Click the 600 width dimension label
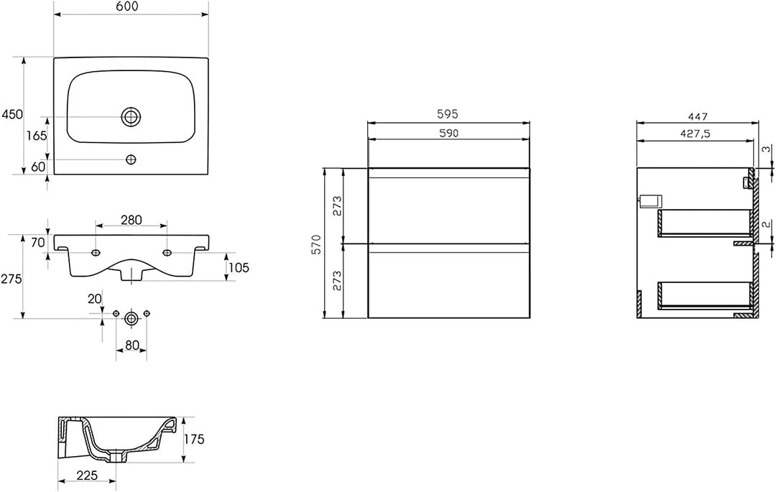[x=128, y=6]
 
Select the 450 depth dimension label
[x=12, y=114]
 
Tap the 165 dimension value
[x=37, y=135]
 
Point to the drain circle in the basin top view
[x=131, y=116]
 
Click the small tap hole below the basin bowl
[x=131, y=159]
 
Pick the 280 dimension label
[x=131, y=220]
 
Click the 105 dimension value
[x=239, y=268]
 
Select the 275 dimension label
[x=12, y=279]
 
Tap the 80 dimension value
[x=131, y=345]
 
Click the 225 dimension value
[x=87, y=475]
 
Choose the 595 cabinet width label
[x=448, y=114]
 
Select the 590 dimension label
[x=448, y=133]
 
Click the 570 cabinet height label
[x=317, y=243]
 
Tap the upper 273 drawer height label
[x=337, y=205]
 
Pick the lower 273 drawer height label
[x=337, y=281]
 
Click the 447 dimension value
[x=697, y=116]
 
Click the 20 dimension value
[x=94, y=299]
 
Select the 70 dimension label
[x=37, y=243]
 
